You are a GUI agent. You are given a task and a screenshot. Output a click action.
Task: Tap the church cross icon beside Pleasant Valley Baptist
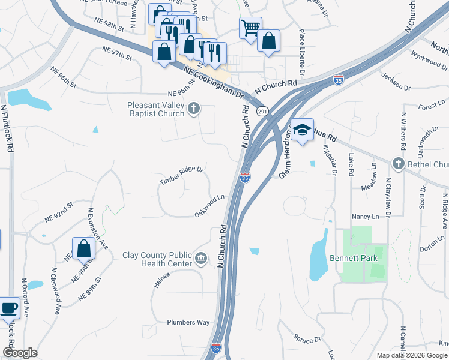[193, 109]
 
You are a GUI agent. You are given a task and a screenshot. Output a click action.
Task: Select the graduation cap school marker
[303, 130]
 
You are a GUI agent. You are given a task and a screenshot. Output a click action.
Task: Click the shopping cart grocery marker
[250, 26]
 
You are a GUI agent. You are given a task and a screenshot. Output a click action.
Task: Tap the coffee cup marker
[9, 308]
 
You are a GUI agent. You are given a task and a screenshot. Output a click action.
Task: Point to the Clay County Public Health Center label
[157, 259]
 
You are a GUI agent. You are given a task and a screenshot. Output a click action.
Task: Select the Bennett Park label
[348, 259]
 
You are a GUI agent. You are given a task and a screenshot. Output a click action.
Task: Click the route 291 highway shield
[262, 111]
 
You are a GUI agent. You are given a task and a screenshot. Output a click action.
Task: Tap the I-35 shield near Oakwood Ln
[244, 178]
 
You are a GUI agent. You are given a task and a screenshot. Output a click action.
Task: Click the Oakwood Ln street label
[209, 206]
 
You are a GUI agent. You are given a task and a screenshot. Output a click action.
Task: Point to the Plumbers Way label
[188, 322]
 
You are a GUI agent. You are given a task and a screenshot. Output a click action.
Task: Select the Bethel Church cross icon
[397, 163]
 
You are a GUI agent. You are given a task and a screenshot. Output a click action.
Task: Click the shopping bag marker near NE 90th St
[83, 248]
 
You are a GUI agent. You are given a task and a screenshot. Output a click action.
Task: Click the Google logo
[20, 353]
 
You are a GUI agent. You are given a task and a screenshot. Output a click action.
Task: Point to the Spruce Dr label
[308, 339]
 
